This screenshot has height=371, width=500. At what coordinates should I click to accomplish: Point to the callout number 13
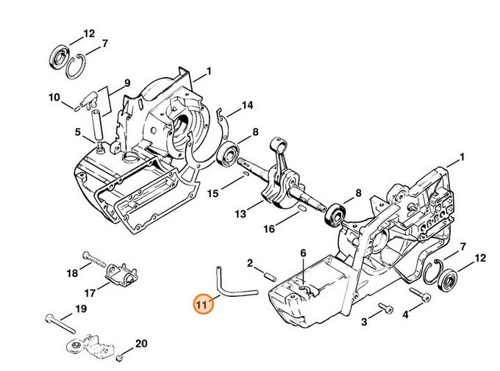pyautogui.click(x=240, y=214)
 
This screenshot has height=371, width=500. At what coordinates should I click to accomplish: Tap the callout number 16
pyautogui.click(x=270, y=229)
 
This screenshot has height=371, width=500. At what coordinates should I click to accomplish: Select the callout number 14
pyautogui.click(x=247, y=106)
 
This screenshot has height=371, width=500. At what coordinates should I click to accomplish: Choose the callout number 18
pyautogui.click(x=72, y=273)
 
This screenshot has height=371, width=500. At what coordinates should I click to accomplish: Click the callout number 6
pyautogui.click(x=302, y=253)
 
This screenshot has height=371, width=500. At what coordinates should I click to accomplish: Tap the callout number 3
pyautogui.click(x=363, y=322)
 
